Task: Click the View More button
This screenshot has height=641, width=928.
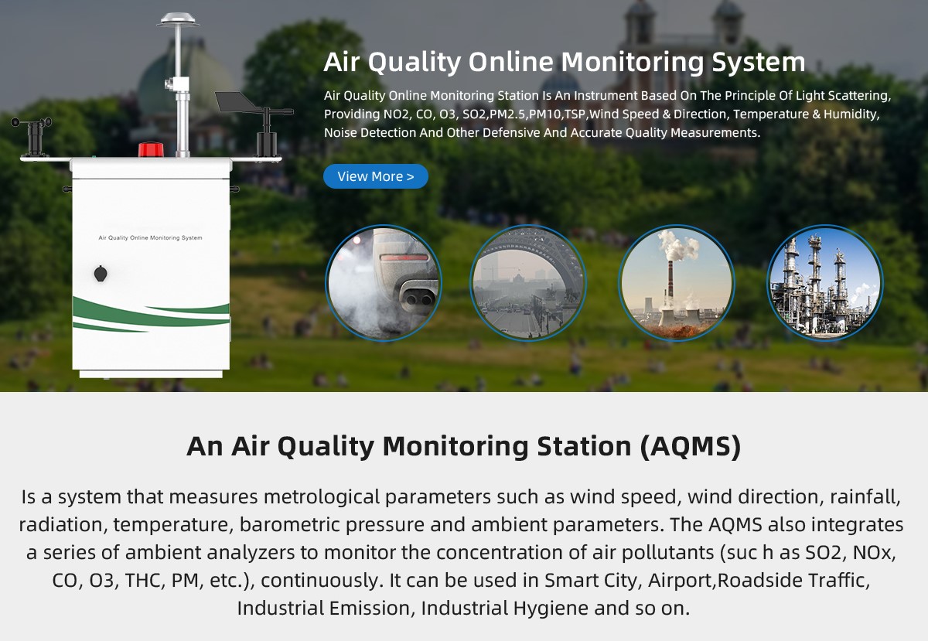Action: click(x=375, y=176)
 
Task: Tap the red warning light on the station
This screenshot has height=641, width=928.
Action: click(x=151, y=149)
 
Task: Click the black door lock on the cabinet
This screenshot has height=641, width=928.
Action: click(x=101, y=274)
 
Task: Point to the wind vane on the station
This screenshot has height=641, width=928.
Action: click(x=254, y=124)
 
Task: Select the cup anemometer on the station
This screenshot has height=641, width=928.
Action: click(x=32, y=137)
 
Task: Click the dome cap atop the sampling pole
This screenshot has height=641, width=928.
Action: click(x=178, y=19)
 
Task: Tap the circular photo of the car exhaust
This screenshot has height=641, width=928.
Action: click(x=384, y=283)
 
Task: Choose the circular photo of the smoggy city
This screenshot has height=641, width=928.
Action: click(x=527, y=283)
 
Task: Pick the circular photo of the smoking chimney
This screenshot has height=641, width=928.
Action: click(x=677, y=283)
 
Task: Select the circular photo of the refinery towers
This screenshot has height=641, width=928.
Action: click(x=825, y=283)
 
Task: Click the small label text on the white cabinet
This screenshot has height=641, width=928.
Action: click(x=150, y=238)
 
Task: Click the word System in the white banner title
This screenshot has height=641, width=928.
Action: click(x=759, y=62)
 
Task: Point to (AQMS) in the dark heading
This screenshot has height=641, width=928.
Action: click(x=690, y=446)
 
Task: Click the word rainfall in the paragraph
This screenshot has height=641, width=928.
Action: click(x=865, y=497)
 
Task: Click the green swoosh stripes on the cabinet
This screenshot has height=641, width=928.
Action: click(x=151, y=314)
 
